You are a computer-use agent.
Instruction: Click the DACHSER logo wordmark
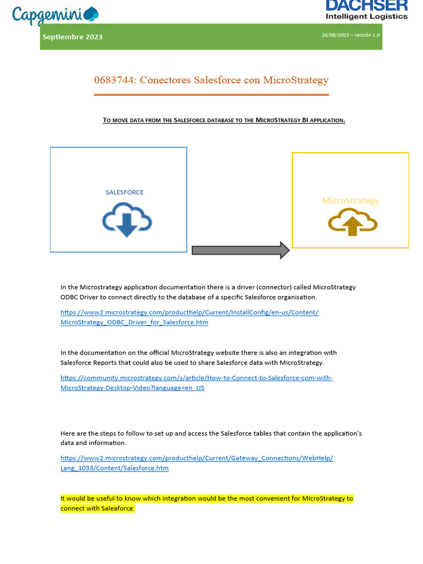coord(366,6)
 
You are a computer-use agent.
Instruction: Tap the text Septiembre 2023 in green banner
coord(73,37)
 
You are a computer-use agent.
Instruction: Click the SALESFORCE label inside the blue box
coord(124,192)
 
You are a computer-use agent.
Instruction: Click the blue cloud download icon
coord(127,220)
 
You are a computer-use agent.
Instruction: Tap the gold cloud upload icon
coord(352,223)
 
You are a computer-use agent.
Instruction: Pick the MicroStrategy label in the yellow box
coord(350,200)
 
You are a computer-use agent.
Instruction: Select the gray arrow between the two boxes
coord(240,250)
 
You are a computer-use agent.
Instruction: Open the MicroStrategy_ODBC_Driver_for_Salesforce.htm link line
coord(134,322)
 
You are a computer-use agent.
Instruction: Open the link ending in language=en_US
coord(132,388)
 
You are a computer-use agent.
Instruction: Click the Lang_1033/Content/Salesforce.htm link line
coord(115,468)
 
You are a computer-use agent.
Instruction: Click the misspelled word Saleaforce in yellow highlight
coord(117,508)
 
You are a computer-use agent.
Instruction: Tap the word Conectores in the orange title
coord(165,80)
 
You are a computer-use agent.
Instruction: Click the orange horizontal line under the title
coord(211,95)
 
